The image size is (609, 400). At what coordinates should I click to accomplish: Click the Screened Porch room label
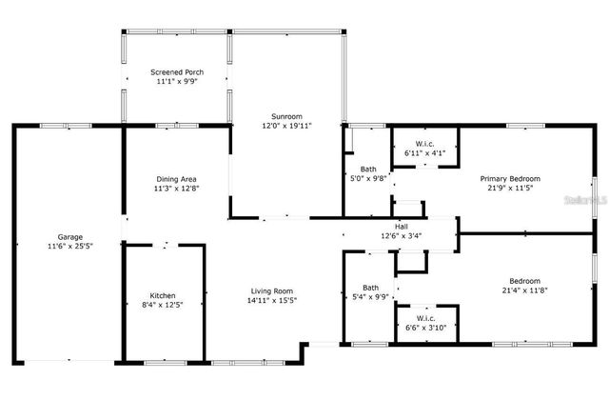click(x=176, y=72)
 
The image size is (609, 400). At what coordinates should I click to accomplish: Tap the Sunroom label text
click(x=287, y=114)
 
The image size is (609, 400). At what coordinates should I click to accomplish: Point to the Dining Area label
click(x=176, y=178)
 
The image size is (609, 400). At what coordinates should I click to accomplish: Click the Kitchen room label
click(x=163, y=295)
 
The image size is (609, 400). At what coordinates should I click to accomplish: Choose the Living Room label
click(x=271, y=291)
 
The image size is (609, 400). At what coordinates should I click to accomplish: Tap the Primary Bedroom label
click(x=510, y=178)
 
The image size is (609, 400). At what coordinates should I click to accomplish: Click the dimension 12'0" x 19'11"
click(x=287, y=125)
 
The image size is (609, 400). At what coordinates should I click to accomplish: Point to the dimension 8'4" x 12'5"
click(x=163, y=305)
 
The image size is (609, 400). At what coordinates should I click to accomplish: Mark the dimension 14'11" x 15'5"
click(x=271, y=301)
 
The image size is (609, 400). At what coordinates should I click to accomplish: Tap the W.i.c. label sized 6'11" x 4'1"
click(x=424, y=143)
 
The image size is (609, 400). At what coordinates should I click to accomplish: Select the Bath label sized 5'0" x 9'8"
click(x=367, y=169)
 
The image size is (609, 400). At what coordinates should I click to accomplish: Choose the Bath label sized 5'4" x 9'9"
click(x=370, y=287)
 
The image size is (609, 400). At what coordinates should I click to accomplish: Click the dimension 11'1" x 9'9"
click(x=176, y=82)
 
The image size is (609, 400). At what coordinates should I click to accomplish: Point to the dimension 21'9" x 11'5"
click(x=510, y=188)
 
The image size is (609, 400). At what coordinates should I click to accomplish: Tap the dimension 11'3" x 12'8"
click(x=176, y=188)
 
